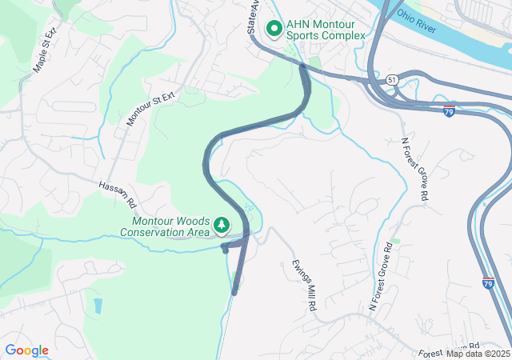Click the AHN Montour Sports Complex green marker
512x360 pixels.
(274, 29)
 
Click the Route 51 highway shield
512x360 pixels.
(390, 80)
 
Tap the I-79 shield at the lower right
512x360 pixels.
(488, 283)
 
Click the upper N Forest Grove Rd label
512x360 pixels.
(415, 169)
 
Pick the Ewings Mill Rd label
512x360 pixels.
(304, 284)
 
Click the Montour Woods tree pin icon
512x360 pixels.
(223, 226)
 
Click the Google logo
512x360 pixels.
(27, 350)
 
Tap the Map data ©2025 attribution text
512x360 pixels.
(478, 354)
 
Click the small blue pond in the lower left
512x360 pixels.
(97, 305)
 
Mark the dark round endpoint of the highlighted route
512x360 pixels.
(225, 250)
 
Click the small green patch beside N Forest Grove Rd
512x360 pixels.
(394, 241)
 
